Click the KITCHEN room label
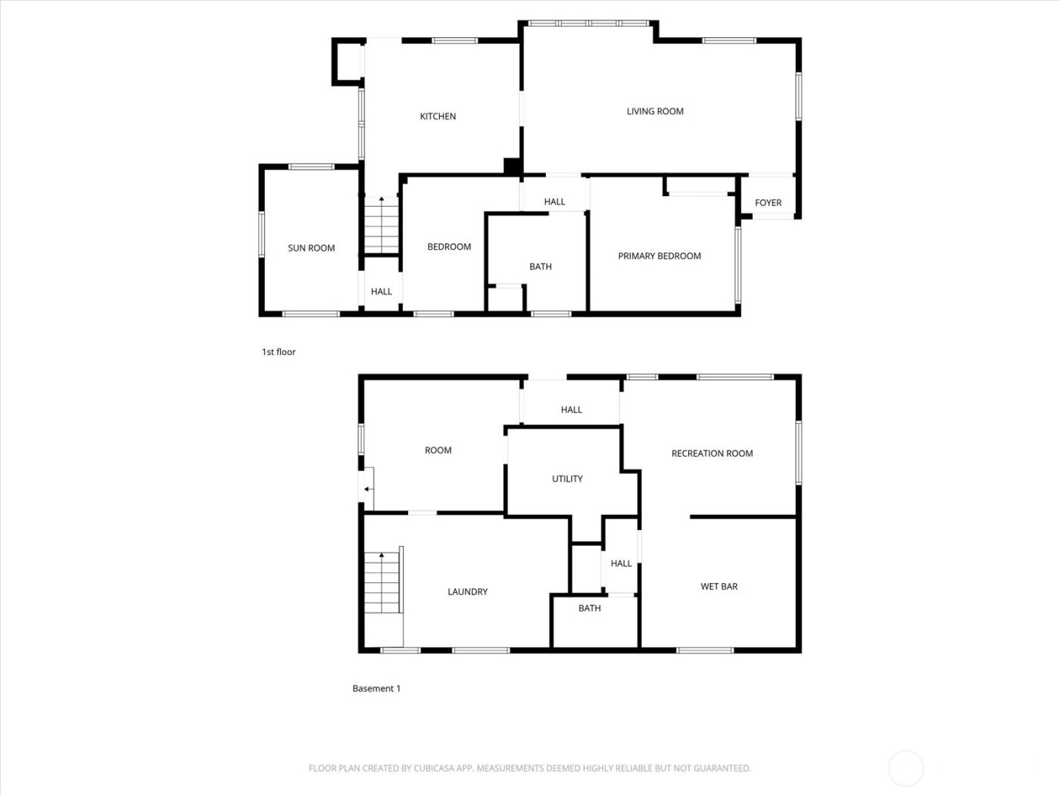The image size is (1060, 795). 438,117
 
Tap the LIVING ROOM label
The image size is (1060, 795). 655,111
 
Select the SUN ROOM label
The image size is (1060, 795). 311,248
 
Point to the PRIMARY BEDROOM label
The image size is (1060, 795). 659,256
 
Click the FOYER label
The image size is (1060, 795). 768,203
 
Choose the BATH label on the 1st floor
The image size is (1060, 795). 541,267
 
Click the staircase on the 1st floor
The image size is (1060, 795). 382,225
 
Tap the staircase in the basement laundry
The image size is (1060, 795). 382,582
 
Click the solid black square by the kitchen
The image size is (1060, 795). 513,167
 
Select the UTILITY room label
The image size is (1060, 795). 567,479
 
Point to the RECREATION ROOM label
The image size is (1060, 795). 712,454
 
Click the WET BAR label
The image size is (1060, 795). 719,586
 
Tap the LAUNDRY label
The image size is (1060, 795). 467,592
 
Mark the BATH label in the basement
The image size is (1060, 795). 590,608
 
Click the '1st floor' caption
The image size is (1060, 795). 279,352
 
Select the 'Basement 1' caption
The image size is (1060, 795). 376,688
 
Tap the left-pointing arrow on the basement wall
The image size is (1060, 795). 367,489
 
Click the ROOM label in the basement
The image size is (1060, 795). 438,450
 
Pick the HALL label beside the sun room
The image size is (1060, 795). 382,291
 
